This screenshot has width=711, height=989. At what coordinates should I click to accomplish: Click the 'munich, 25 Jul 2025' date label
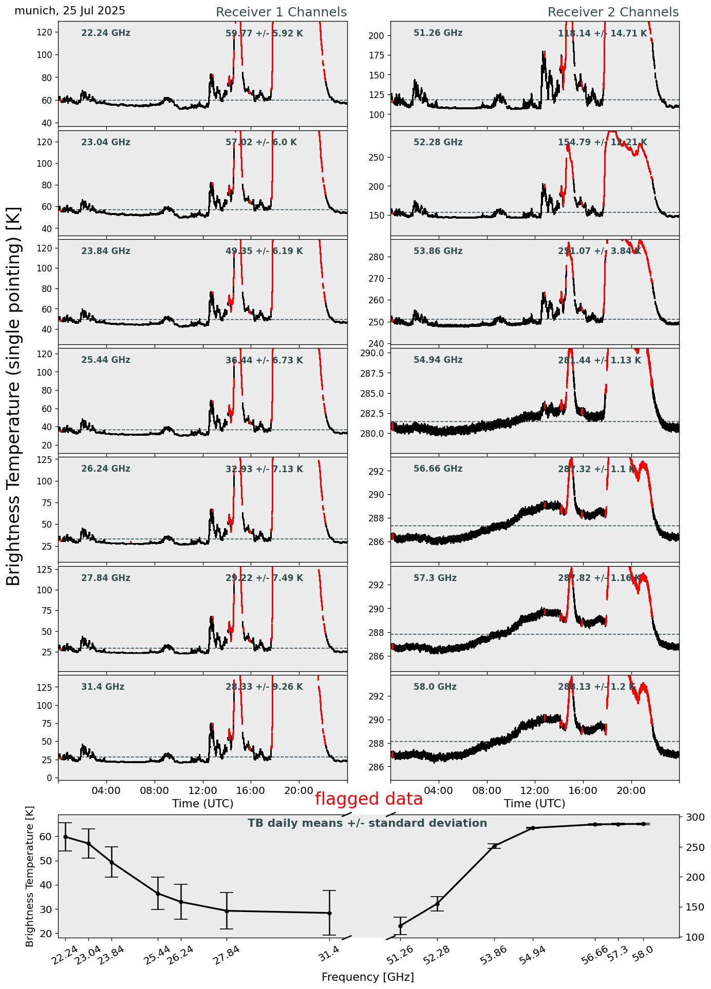pos(70,11)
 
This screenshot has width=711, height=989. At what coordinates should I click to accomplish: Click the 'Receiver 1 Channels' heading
pos(281,12)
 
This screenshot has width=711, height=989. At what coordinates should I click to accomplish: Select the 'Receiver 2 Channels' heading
pos(613,12)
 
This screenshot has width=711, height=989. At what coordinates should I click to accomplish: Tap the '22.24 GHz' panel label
pos(106,33)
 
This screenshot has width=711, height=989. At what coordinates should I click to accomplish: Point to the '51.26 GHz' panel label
pos(438,33)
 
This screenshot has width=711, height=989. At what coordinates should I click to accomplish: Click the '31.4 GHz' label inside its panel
pos(103,687)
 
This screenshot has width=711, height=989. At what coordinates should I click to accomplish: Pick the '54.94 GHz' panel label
pos(438,360)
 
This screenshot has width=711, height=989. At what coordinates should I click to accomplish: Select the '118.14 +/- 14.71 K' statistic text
pos(602,34)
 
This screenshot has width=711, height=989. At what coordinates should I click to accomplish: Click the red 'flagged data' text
pos(368,799)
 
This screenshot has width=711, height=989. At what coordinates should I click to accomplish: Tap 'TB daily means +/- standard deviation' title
pos(367,823)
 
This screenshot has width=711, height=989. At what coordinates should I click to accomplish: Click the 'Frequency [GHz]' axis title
pos(367,977)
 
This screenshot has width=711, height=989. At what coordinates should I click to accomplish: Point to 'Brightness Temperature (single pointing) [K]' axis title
pos(14,396)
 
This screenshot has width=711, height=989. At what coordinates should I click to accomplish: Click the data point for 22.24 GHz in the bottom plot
pos(65,837)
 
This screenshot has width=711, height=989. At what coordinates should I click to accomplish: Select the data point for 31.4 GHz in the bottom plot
pos(329,913)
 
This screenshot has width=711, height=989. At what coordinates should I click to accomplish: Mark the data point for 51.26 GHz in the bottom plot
pos(400,926)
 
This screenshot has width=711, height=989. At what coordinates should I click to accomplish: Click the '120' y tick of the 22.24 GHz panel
pos(46,32)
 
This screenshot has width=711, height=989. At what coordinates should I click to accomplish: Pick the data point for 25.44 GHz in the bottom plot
pos(158,894)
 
